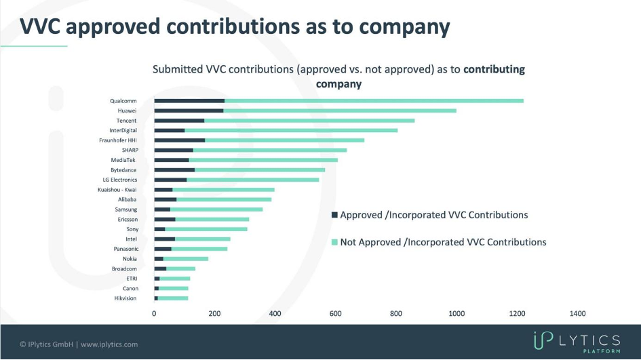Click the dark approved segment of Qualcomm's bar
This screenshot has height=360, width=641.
click(x=189, y=101)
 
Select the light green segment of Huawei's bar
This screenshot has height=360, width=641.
click(x=340, y=111)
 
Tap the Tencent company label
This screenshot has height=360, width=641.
click(x=126, y=121)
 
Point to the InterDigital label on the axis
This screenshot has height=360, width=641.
click(x=123, y=130)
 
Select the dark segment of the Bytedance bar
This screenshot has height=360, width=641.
click(x=174, y=169)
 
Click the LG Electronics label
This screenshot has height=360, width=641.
click(x=119, y=180)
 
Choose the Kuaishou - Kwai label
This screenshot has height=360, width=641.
click(x=117, y=190)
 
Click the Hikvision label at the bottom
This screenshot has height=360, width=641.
click(x=125, y=298)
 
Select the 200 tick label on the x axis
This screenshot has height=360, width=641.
click(x=215, y=314)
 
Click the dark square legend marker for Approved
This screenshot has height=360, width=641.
click(x=334, y=215)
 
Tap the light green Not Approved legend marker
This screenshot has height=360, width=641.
click(x=334, y=242)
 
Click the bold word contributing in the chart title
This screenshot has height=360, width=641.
click(x=494, y=69)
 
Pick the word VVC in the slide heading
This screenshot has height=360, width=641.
click(x=43, y=26)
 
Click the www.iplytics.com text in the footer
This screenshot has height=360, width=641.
click(x=109, y=344)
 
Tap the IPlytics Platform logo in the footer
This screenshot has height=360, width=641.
click(x=577, y=342)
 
